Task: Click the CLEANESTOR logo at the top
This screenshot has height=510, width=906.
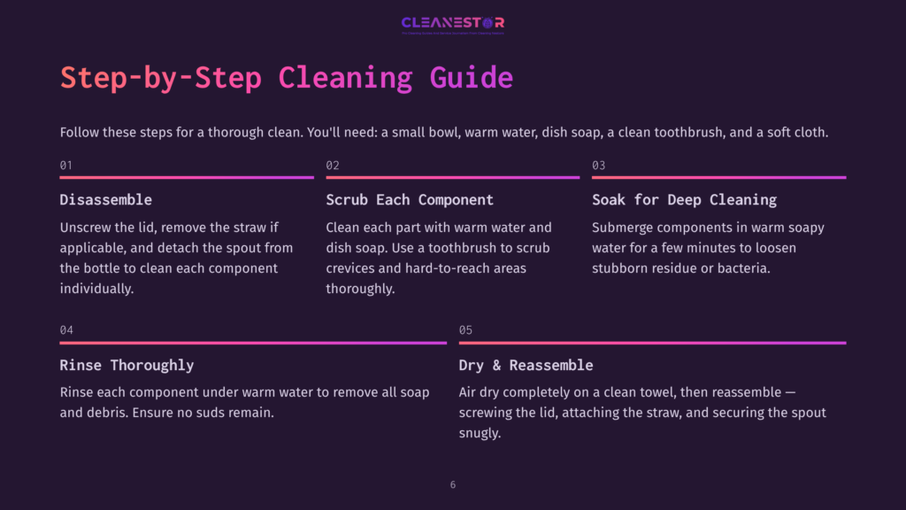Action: coord(452,23)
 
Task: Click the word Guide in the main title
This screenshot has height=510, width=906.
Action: coord(471,78)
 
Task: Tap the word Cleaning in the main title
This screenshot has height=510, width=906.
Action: coord(345,78)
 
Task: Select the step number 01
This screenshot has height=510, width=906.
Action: coord(66,166)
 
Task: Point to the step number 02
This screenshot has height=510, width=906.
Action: coord(333,166)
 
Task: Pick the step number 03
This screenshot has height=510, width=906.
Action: coord(599,166)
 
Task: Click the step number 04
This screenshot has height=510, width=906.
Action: coord(66,330)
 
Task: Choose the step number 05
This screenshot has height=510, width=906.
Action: coord(465,330)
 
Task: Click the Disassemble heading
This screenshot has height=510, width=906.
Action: coord(105,200)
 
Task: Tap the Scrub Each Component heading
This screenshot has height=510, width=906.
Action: coord(410,200)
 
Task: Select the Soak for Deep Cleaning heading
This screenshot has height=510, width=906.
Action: coord(684,200)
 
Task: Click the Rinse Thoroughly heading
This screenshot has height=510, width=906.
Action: coord(127,366)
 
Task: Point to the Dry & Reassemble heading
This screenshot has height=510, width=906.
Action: coord(526,366)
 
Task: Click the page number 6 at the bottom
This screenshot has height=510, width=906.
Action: coord(453,485)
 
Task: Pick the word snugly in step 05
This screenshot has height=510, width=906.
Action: coord(480,433)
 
